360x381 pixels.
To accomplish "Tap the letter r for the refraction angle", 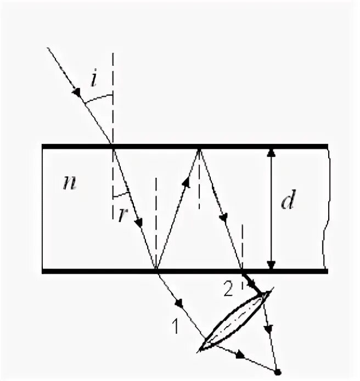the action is [x=121, y=214].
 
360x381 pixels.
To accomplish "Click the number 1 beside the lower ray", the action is [x=175, y=326].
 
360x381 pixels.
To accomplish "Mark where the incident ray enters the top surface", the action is [x=113, y=147].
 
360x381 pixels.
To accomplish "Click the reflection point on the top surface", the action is [x=199, y=147].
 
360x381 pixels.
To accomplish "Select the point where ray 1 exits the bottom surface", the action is [x=156, y=271].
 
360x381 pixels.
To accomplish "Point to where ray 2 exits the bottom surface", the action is [x=242, y=271].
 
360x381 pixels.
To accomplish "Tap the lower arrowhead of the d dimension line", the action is [x=270, y=265].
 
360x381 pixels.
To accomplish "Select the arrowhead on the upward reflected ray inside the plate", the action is [x=187, y=183].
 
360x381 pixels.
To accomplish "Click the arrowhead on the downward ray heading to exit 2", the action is [x=223, y=217].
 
